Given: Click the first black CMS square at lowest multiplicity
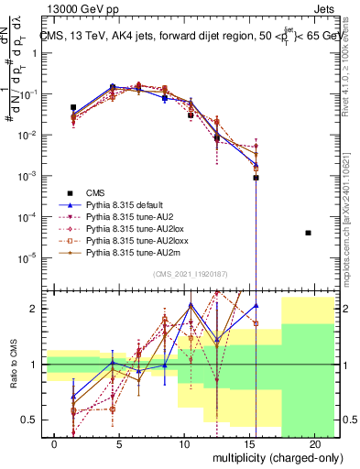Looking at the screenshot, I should click(73, 107).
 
